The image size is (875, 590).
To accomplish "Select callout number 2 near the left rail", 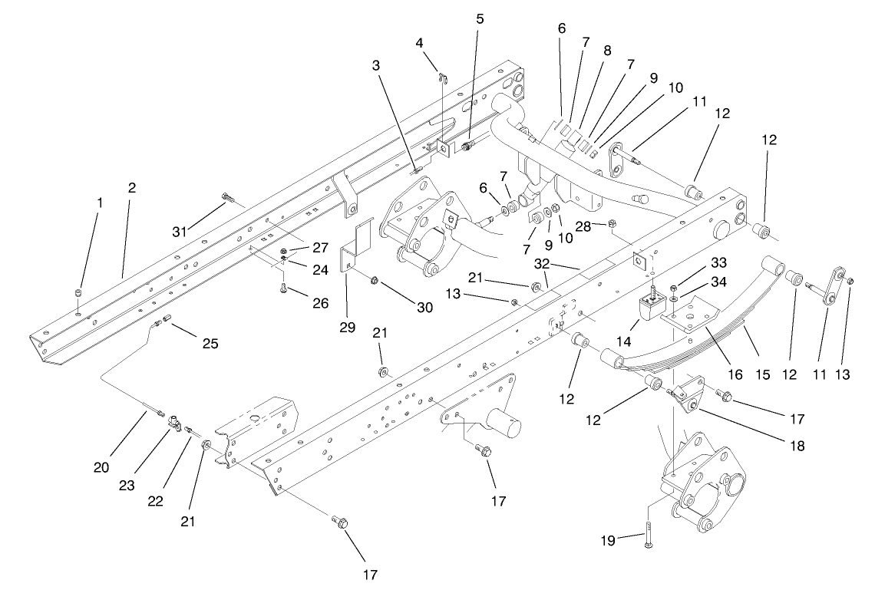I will tap(131, 187).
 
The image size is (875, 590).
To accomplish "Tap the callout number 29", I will tap(347, 328).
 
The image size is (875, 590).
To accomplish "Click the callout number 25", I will tap(210, 344).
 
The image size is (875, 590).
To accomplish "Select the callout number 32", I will tap(543, 262).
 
